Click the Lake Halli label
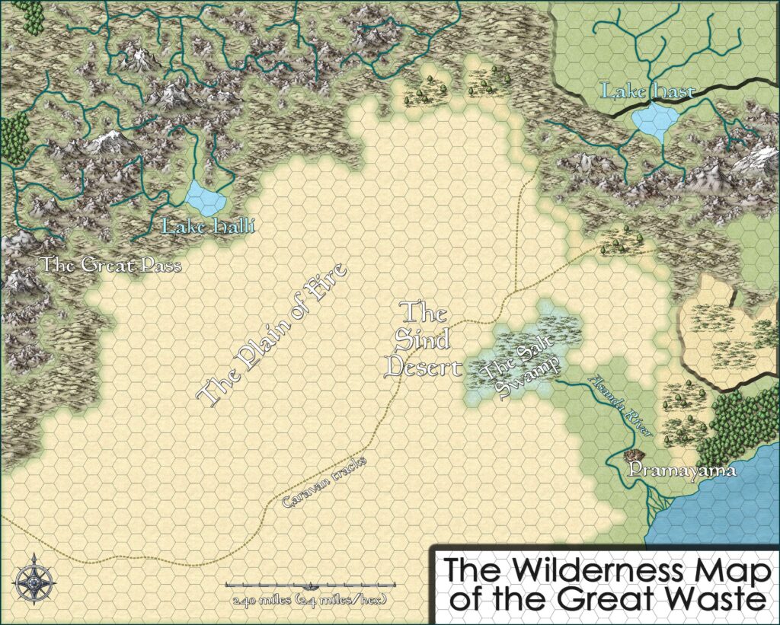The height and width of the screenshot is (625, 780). (207, 226)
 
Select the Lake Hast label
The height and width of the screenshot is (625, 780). (648, 92)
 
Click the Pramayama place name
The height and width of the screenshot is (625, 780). (682, 471)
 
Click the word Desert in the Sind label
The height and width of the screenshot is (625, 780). (424, 368)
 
